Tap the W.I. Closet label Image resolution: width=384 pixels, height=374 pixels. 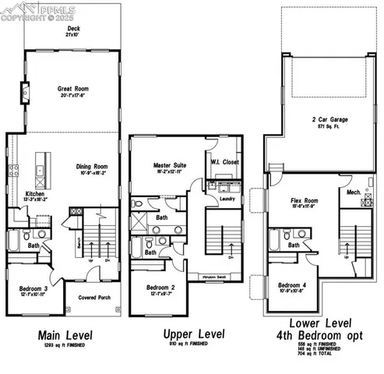coord(224,162)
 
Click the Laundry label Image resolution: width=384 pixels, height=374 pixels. coord(228,198)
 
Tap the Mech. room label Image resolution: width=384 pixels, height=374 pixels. coord(353,191)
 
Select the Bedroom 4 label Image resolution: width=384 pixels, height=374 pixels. coord(294,285)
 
